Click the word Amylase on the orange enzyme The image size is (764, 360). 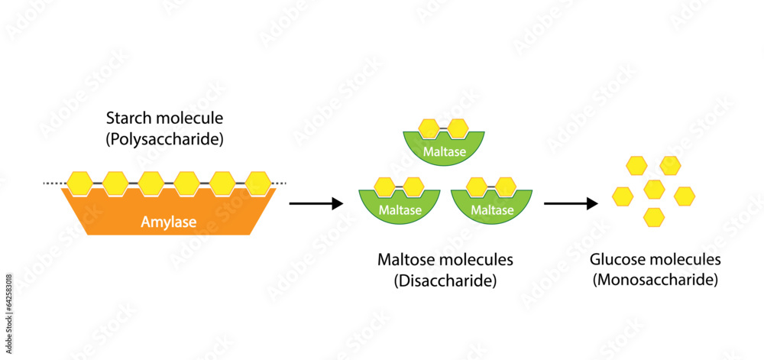(168, 222)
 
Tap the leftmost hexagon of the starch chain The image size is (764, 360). (79, 183)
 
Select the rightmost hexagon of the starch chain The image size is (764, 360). (258, 183)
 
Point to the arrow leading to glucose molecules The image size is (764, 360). (570, 203)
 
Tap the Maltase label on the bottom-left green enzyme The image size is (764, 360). (400, 209)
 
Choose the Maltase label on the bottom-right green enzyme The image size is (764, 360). (493, 209)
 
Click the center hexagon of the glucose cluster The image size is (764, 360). (654, 188)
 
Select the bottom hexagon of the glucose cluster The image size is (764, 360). (653, 216)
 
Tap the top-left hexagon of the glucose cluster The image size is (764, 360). (636, 164)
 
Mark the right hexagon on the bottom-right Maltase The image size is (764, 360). (505, 186)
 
